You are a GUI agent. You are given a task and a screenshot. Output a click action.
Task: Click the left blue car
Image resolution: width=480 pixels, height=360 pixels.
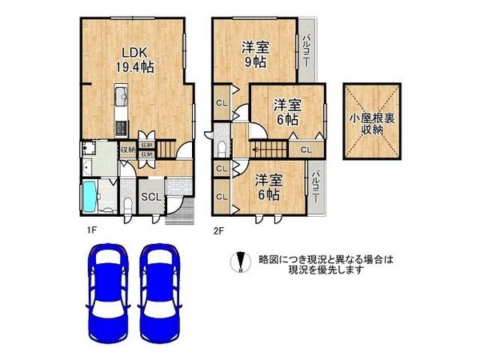[x=109, y=293]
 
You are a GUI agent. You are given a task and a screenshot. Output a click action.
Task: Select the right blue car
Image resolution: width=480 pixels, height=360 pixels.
[x=159, y=293]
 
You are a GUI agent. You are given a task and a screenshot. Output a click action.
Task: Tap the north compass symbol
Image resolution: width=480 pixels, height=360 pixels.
[x=238, y=262]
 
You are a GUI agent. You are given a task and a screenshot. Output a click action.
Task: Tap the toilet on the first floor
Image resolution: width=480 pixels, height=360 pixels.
[x=127, y=200]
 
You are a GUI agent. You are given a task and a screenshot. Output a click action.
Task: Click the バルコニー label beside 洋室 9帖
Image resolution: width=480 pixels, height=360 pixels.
[x=306, y=50]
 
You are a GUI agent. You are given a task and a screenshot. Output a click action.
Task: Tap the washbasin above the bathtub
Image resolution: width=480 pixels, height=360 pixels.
[x=86, y=167]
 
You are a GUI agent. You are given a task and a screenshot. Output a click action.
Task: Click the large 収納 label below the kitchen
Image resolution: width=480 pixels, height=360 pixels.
[x=127, y=150]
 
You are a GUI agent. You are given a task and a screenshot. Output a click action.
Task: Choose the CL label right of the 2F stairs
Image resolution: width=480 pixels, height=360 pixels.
[x=306, y=149]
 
